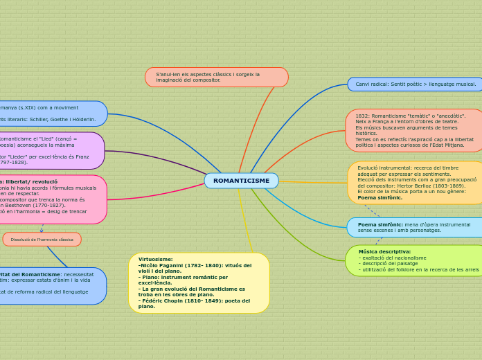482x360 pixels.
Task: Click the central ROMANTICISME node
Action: pyautogui.click(x=241, y=181)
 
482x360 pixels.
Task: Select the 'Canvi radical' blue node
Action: pyautogui.click(x=416, y=84)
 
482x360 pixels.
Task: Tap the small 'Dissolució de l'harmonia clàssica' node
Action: pyautogui.click(x=42, y=240)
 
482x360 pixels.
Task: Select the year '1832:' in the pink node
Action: pyautogui.click(x=362, y=116)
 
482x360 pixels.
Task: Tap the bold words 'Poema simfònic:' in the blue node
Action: pyautogui.click(x=380, y=224)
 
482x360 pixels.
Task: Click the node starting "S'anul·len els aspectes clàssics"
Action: pyautogui.click(x=216, y=77)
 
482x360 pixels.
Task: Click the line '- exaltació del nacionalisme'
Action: pyautogui.click(x=392, y=258)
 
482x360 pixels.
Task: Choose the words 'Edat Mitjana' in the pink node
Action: pyautogui.click(x=449, y=145)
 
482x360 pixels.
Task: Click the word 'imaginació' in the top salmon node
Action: pyautogui.click(x=170, y=80)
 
